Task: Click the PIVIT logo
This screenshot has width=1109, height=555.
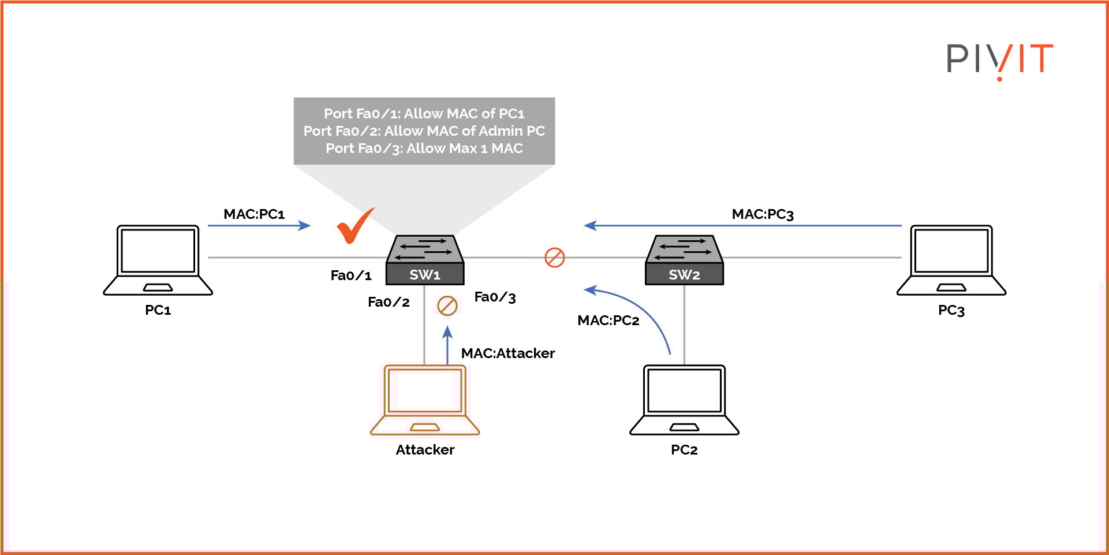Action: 999,59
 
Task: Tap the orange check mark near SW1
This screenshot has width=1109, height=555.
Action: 353,226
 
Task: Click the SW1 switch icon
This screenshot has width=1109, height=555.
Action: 425,260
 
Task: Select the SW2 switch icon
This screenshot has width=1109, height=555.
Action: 684,260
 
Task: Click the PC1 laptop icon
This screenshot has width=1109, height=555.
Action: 158,260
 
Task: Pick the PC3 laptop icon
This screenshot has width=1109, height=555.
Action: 951,260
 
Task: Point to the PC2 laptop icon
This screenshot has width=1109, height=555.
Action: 684,400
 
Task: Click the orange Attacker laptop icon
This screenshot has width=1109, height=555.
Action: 425,400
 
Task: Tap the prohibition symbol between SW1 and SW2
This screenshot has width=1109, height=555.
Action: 555,258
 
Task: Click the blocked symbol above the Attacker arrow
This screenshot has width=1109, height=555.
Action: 447,306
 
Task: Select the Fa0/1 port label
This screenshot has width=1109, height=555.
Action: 351,275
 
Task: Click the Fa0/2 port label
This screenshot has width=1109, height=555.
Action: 389,302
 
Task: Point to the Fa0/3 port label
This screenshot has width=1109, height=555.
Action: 495,297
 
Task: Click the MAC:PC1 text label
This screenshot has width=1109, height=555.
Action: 254,214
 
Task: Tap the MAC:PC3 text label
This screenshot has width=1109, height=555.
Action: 763,214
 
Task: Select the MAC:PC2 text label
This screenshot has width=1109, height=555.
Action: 608,321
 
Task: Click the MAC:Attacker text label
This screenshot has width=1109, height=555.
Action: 507,353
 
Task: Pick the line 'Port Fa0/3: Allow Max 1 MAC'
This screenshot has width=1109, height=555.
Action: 424,148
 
